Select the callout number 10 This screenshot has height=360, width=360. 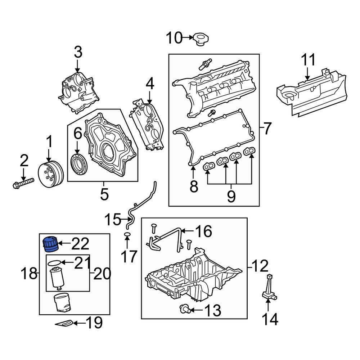174,37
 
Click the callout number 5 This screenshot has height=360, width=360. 104,194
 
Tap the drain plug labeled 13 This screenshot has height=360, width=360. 184,309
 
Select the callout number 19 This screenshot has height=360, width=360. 93,323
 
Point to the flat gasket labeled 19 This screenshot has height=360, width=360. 66,323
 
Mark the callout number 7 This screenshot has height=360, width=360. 266,129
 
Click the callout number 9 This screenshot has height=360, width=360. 231,196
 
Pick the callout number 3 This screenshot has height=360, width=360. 78,52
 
